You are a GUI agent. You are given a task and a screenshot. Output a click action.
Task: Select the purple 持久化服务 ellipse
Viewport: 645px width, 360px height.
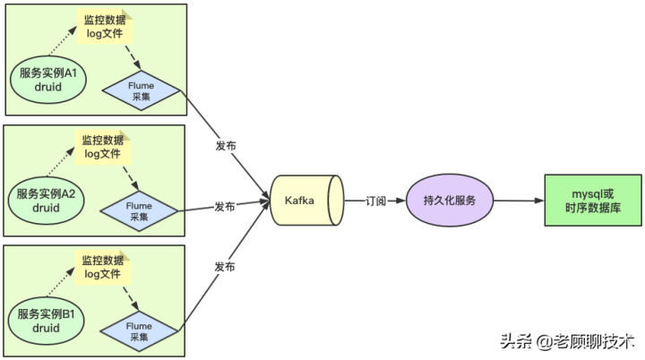451,200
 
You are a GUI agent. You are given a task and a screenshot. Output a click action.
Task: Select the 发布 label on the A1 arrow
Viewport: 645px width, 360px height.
226,146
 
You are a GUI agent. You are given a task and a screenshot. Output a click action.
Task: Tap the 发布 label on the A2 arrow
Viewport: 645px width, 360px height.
225,207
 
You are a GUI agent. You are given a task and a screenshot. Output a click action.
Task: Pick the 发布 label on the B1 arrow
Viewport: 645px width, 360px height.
226,266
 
